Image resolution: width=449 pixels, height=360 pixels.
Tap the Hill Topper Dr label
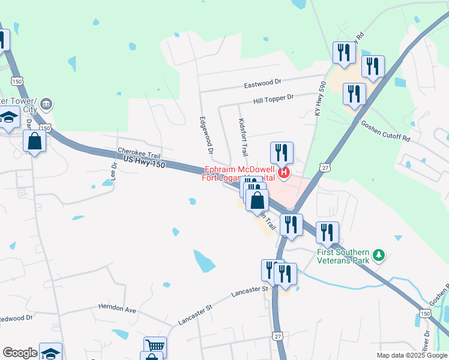(273, 97)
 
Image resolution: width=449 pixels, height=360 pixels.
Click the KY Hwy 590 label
(319, 100)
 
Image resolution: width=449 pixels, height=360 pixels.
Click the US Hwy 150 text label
(143, 164)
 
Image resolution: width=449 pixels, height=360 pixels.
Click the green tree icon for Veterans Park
(378, 256)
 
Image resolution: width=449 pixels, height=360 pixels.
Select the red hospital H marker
(285, 175)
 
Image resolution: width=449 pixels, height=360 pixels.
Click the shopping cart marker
(155, 346)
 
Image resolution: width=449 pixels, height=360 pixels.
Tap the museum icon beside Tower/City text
(46, 106)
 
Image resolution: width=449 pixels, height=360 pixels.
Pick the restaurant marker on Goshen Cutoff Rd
(354, 94)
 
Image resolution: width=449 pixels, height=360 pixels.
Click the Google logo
(20, 353)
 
